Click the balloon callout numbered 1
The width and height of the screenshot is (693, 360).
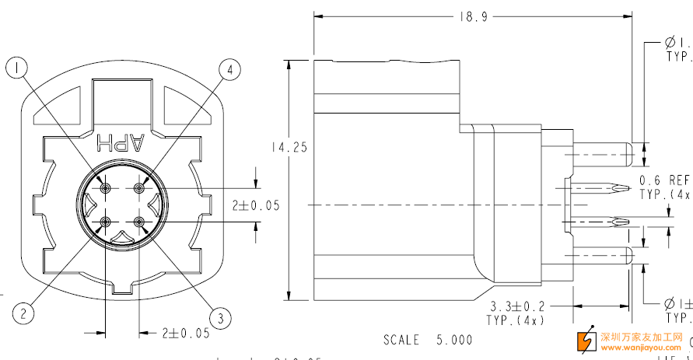tap(19, 68)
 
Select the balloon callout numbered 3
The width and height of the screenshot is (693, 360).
tap(220, 317)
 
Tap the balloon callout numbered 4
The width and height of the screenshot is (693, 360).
tap(229, 70)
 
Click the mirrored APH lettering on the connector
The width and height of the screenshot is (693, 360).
tap(121, 142)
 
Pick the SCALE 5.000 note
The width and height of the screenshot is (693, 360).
tap(427, 340)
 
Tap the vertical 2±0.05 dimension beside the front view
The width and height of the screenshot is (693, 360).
tap(255, 205)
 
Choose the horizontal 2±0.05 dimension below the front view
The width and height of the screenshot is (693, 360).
tap(185, 333)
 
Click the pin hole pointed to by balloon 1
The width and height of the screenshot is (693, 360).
tap(105, 188)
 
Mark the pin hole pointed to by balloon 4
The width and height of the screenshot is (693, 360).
tap(139, 188)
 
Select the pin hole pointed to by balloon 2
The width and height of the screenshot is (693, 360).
tap(105, 222)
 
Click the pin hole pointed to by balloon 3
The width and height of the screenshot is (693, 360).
tap(139, 222)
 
